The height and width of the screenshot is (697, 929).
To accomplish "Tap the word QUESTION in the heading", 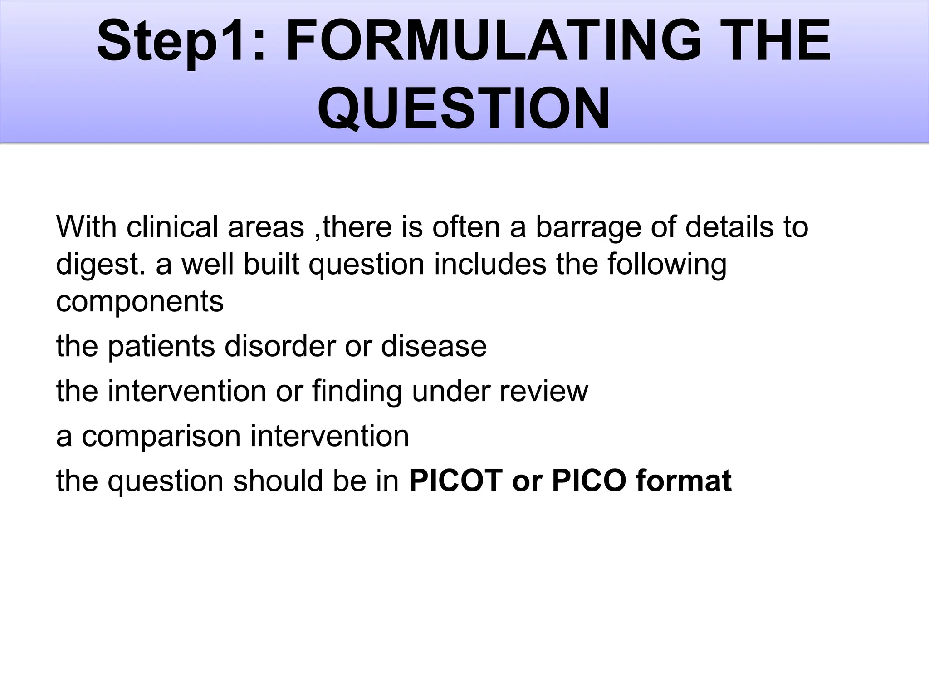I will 464,109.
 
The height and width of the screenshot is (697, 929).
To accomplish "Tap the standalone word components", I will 140,302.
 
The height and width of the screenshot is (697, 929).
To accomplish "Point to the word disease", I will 434,346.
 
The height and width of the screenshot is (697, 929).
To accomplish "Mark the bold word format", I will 684,481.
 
